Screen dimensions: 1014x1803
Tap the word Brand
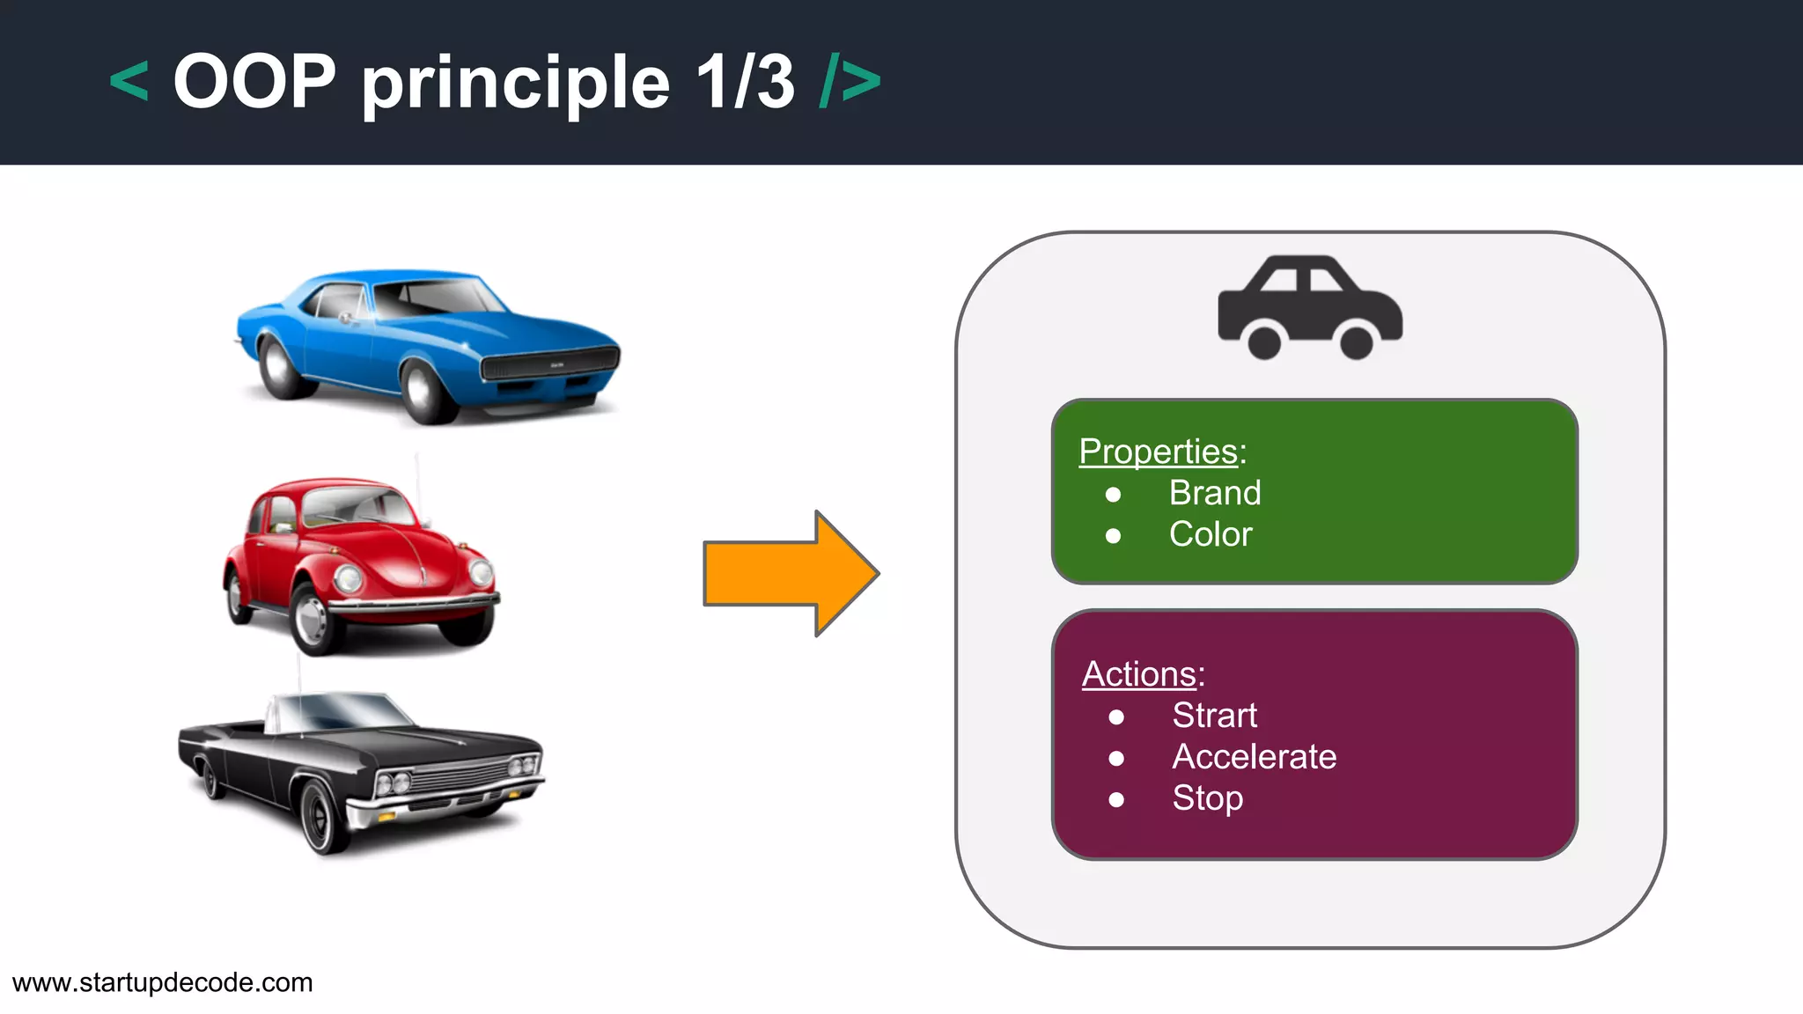tap(1215, 493)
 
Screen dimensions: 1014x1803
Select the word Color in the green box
tap(1211, 534)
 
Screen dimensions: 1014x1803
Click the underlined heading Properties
tap(1158, 452)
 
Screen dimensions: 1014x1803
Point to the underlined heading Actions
tap(1138, 674)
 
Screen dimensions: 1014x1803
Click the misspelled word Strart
tap(1214, 716)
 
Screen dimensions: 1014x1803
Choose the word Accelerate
tap(1254, 757)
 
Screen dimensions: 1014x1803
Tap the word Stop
tap(1207, 798)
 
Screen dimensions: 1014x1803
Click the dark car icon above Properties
tap(1309, 307)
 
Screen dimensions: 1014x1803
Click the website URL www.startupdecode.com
tap(163, 982)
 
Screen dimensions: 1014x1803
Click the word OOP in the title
tap(254, 82)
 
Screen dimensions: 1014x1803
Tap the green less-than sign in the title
tap(129, 82)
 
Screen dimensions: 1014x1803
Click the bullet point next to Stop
tap(1116, 799)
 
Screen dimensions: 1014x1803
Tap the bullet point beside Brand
tap(1114, 495)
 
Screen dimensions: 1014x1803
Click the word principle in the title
tap(516, 84)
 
